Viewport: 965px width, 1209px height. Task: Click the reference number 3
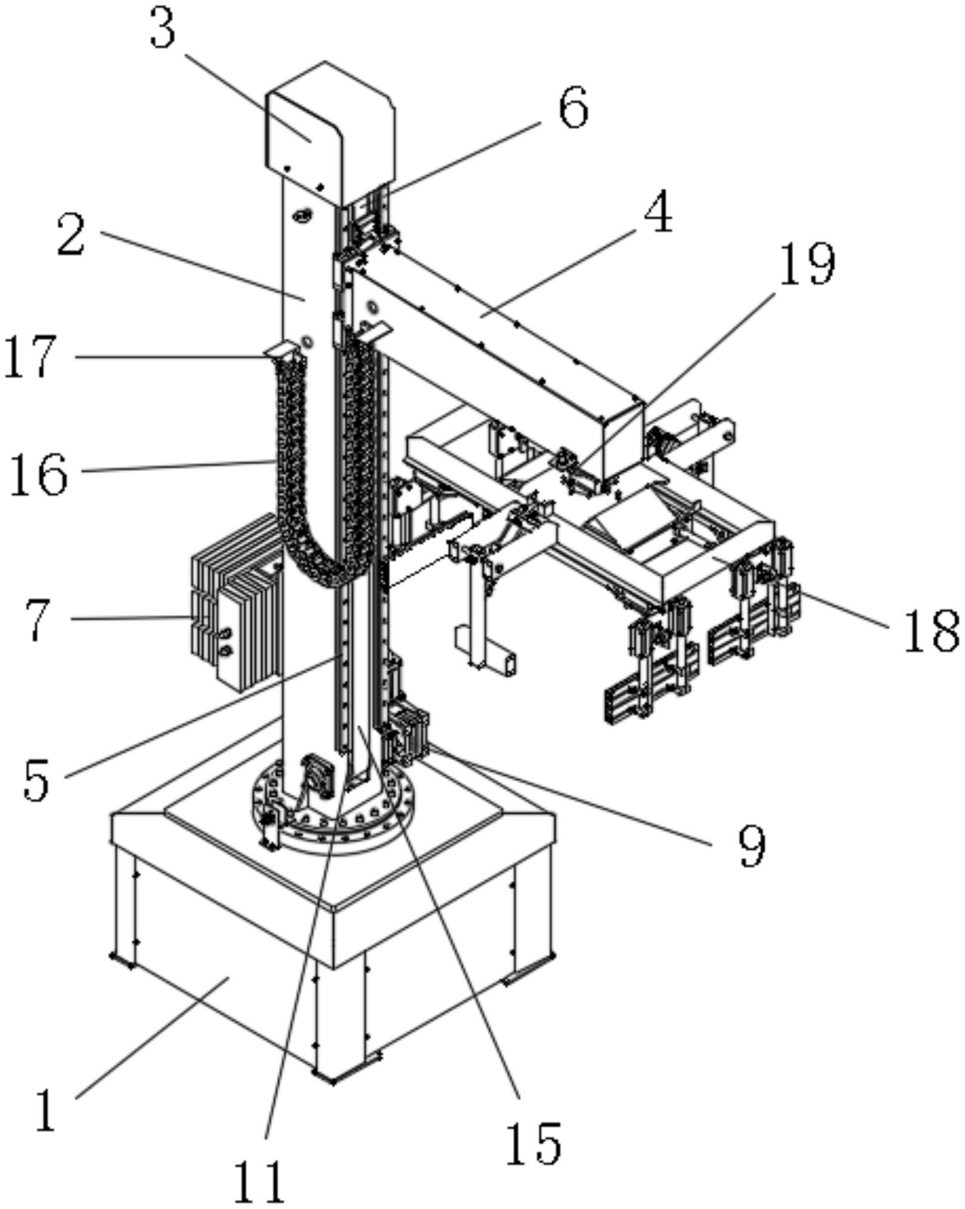[x=163, y=30]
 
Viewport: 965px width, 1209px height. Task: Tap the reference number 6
[x=574, y=108]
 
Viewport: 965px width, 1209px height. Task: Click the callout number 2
[x=72, y=235]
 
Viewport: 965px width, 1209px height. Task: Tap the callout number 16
[x=38, y=474]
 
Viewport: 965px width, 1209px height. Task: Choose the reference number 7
[x=38, y=621]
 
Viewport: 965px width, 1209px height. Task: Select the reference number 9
[x=752, y=847]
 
